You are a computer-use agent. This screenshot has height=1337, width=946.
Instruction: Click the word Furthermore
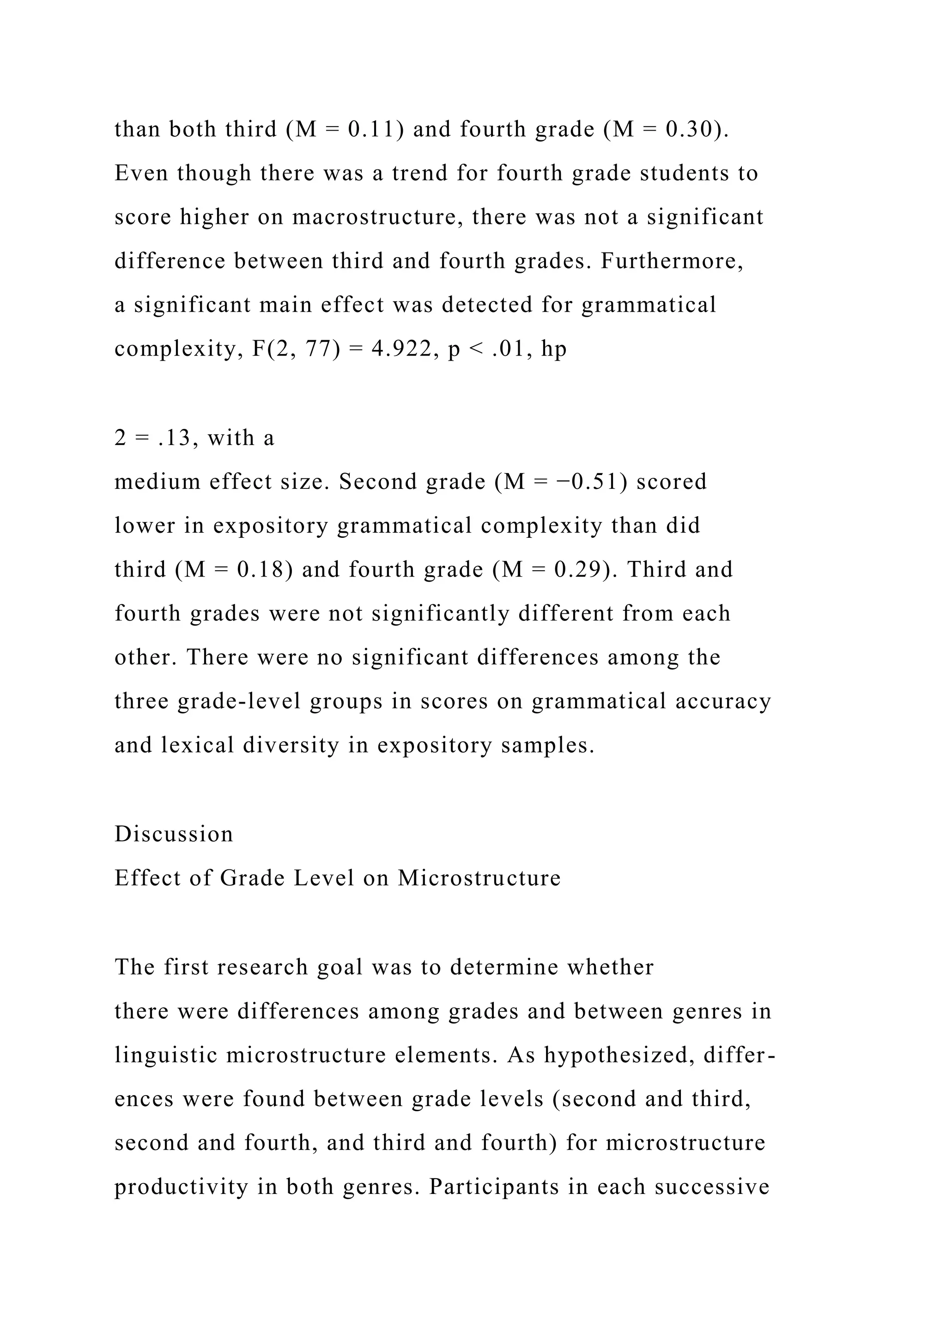pos(672,261)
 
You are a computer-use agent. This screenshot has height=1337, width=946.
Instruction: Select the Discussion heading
pos(174,834)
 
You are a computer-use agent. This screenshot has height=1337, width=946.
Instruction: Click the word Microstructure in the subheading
pos(479,878)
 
